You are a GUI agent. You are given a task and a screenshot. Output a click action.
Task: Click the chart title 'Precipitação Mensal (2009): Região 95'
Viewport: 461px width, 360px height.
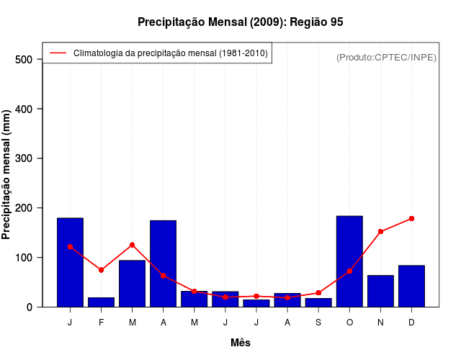coord(240,22)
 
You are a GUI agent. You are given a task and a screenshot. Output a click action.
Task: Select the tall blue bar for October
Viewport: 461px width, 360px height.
coord(349,261)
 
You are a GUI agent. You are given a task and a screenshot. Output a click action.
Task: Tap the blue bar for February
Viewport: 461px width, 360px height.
coord(101,302)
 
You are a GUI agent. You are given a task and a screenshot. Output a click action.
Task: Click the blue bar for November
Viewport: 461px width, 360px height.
coord(380,291)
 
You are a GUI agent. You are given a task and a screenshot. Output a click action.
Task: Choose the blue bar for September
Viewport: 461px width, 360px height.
coord(318,302)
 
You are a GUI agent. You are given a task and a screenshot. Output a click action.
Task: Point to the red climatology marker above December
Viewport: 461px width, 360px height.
coord(411,218)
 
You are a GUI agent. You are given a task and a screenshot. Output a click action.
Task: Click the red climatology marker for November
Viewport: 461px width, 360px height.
coord(380,232)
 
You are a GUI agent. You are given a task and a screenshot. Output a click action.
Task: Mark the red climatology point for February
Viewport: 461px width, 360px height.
coord(101,270)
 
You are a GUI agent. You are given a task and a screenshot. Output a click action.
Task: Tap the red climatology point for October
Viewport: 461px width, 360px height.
coord(349,271)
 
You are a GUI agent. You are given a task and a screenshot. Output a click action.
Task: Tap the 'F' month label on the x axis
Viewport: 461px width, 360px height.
coord(101,323)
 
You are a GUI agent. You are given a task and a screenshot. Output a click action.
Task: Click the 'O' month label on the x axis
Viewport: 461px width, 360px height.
coord(349,323)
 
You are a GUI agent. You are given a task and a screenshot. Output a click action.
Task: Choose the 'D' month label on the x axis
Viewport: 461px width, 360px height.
coord(411,323)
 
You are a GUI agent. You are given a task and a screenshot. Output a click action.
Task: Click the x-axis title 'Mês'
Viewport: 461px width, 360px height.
coord(241,343)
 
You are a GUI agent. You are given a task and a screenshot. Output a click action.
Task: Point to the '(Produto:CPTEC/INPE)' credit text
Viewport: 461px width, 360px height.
coord(386,57)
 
